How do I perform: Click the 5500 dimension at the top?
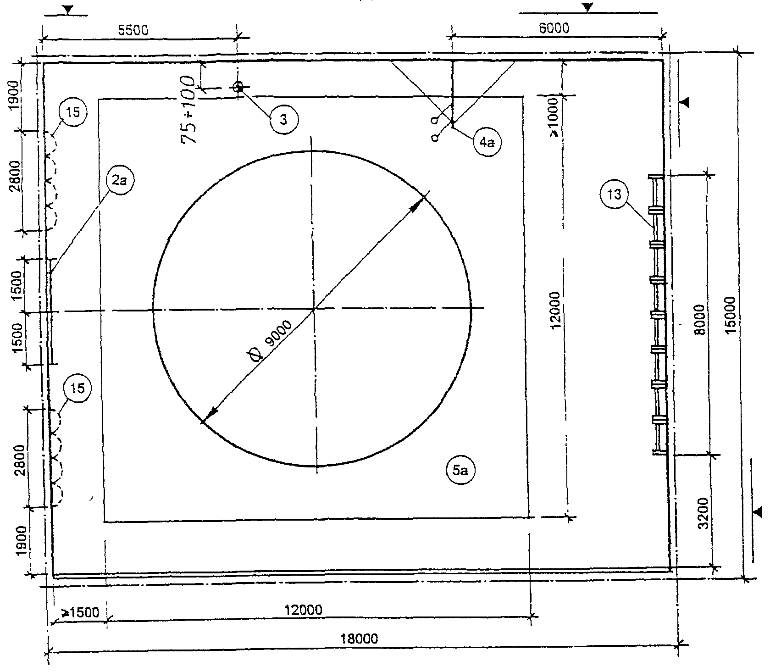(x=133, y=30)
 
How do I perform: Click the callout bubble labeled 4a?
(x=487, y=143)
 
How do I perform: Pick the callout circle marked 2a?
(x=119, y=181)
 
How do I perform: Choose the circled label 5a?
(x=460, y=471)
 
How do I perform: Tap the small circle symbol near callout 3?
(x=238, y=87)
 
